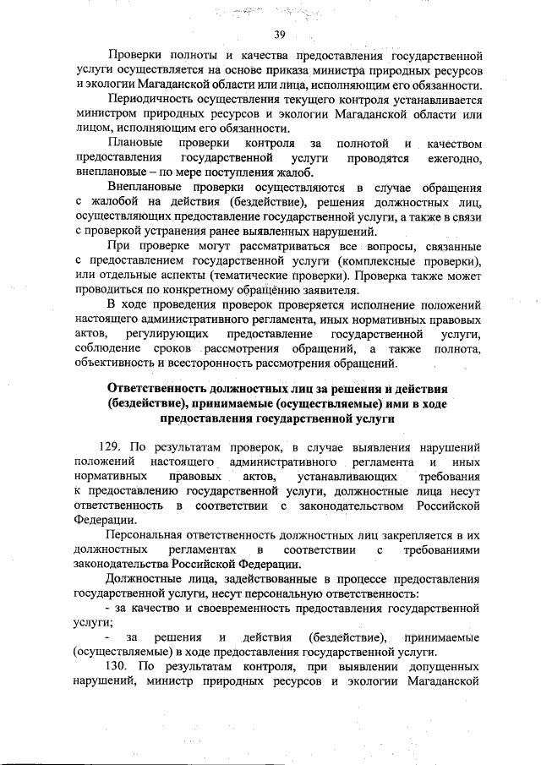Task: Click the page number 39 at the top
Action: point(281,35)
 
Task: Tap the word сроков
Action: point(172,349)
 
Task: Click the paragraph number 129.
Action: point(112,447)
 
